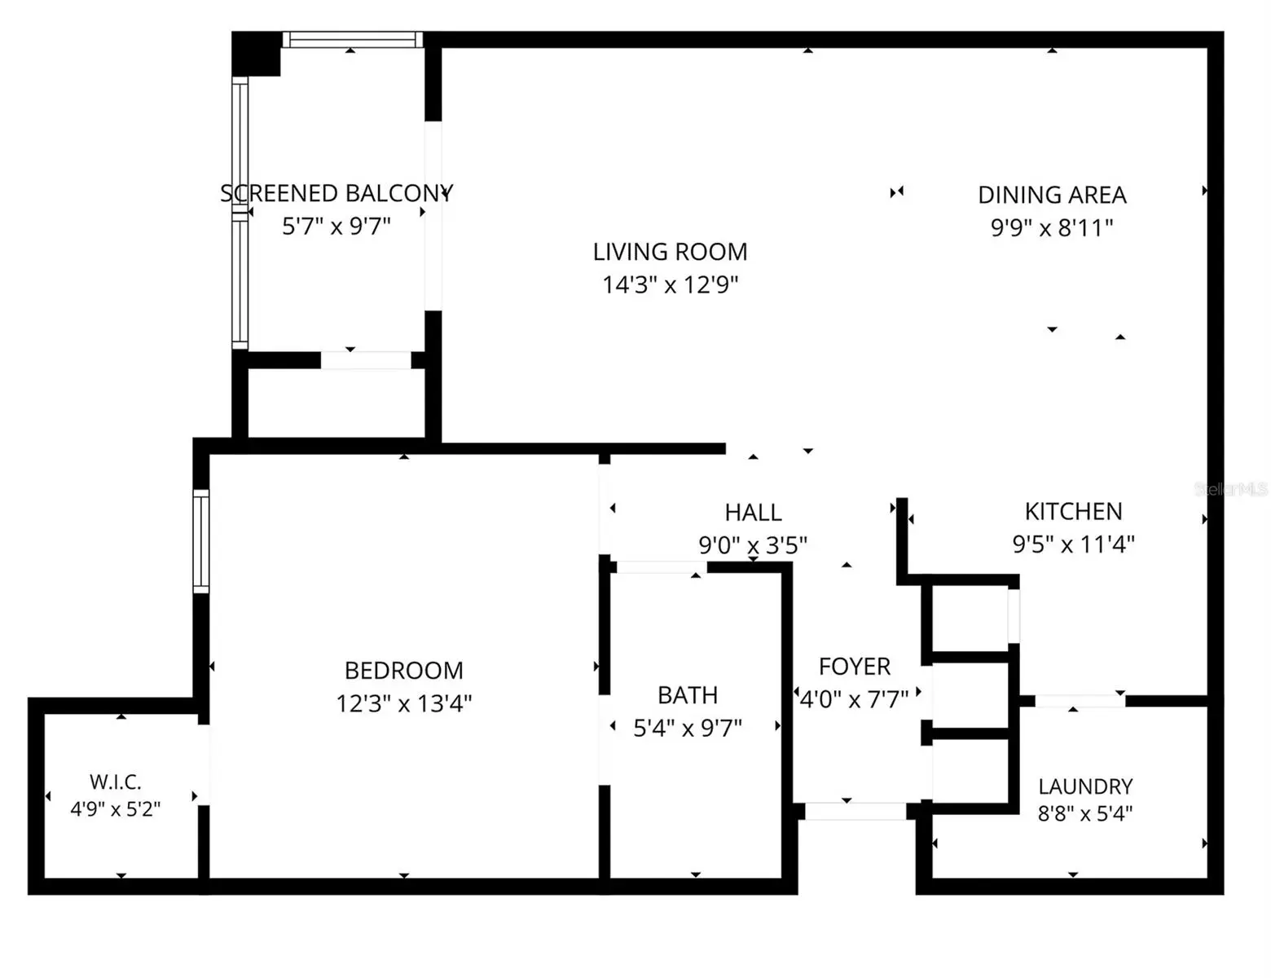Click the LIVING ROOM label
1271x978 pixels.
point(670,252)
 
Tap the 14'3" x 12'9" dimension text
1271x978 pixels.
point(671,285)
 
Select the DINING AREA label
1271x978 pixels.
point(1052,195)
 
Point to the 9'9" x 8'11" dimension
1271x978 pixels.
point(1052,227)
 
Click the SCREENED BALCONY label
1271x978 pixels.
point(336,193)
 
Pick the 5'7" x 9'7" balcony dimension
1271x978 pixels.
point(336,226)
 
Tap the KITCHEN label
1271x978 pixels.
point(1073,512)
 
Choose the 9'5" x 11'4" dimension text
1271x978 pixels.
point(1073,544)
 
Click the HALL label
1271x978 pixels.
point(753,513)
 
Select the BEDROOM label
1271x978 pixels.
point(403,671)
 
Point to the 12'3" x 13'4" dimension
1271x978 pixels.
point(403,703)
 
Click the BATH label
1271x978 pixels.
point(688,695)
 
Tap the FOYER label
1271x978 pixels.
point(854,667)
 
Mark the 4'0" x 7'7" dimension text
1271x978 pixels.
point(854,699)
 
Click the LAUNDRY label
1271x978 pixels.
point(1085,786)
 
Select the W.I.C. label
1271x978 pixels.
point(115,782)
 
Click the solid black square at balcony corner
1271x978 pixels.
point(256,54)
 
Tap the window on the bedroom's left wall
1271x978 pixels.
point(200,541)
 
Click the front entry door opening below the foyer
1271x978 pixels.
point(855,811)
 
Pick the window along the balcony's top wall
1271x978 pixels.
point(353,39)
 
